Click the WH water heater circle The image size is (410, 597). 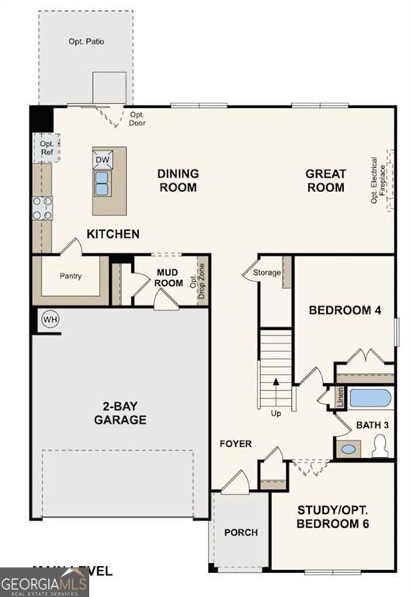(50, 319)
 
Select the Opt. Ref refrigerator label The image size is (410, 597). (47, 148)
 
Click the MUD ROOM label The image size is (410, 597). (169, 278)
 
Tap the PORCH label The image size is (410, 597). (241, 532)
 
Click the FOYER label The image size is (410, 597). (235, 444)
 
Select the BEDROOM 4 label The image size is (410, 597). (345, 310)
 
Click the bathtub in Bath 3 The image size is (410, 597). (370, 399)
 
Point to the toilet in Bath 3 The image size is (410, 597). (380, 446)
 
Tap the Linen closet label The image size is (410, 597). (340, 397)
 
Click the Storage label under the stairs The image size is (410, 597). (266, 272)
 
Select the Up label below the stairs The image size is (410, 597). (276, 413)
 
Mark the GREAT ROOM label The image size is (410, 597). (325, 180)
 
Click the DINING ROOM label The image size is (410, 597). (178, 180)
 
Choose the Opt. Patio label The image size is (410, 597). (86, 41)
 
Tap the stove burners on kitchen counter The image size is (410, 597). (42, 208)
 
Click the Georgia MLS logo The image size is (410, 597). (44, 582)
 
